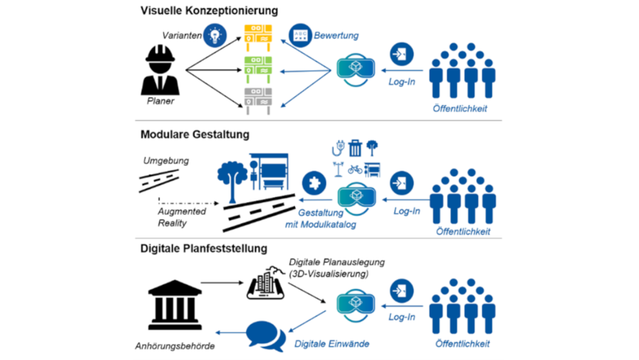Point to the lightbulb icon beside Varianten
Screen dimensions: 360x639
point(215,35)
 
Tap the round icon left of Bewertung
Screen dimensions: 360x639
point(300,36)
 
